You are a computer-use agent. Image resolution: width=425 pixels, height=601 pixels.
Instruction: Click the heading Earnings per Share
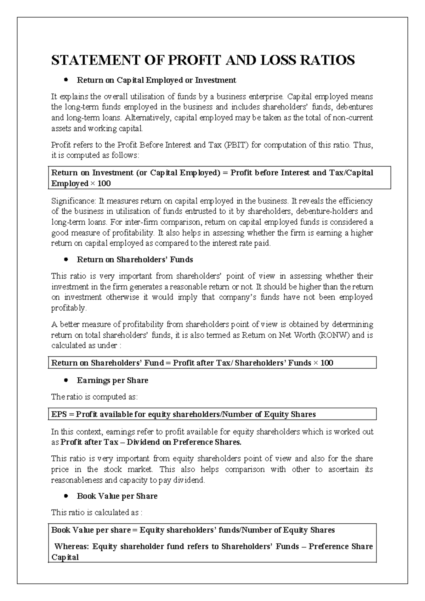click(112, 381)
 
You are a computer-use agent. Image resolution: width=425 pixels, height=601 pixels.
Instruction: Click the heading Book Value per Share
click(117, 496)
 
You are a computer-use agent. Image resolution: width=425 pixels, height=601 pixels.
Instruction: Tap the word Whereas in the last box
click(72, 546)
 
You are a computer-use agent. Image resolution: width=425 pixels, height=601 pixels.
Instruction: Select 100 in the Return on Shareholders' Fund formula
click(327, 363)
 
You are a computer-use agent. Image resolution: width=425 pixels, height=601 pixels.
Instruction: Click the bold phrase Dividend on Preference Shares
click(184, 442)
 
